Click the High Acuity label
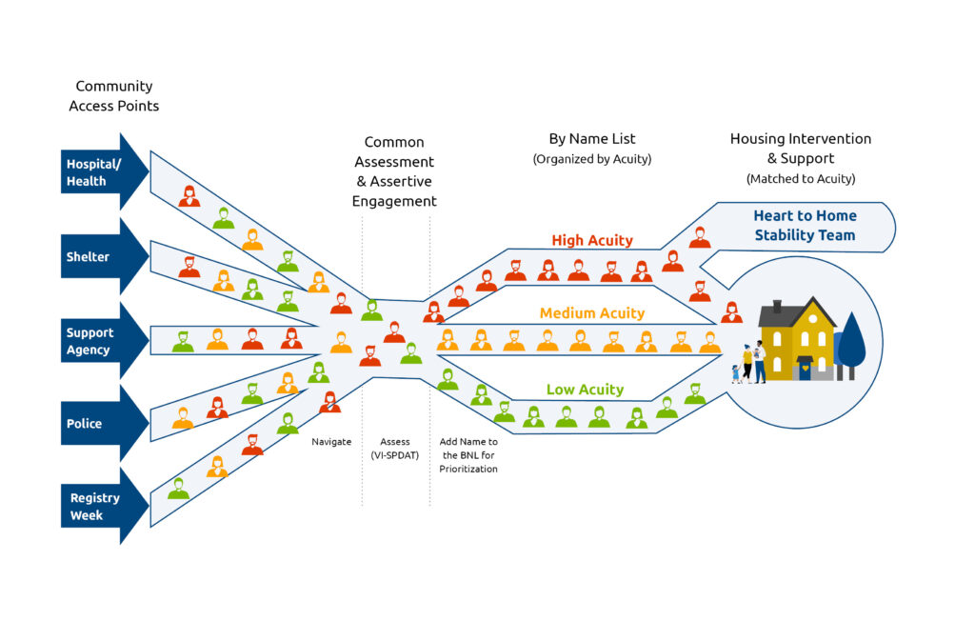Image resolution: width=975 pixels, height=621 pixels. click(592, 240)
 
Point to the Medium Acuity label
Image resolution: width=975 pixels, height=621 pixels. click(592, 313)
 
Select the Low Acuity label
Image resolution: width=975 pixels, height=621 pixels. click(585, 390)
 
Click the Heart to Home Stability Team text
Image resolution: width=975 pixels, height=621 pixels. click(805, 226)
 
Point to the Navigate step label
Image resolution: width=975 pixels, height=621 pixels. click(331, 442)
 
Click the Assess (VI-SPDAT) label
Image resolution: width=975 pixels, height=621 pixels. click(395, 449)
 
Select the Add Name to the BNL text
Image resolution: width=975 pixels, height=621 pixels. click(468, 455)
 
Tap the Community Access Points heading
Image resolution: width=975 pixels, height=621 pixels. click(114, 96)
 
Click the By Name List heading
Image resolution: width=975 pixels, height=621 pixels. click(592, 139)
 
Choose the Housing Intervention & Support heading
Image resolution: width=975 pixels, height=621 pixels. click(801, 149)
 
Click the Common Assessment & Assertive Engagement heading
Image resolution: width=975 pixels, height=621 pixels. click(394, 171)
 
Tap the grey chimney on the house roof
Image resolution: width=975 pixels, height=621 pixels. click(777, 307)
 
